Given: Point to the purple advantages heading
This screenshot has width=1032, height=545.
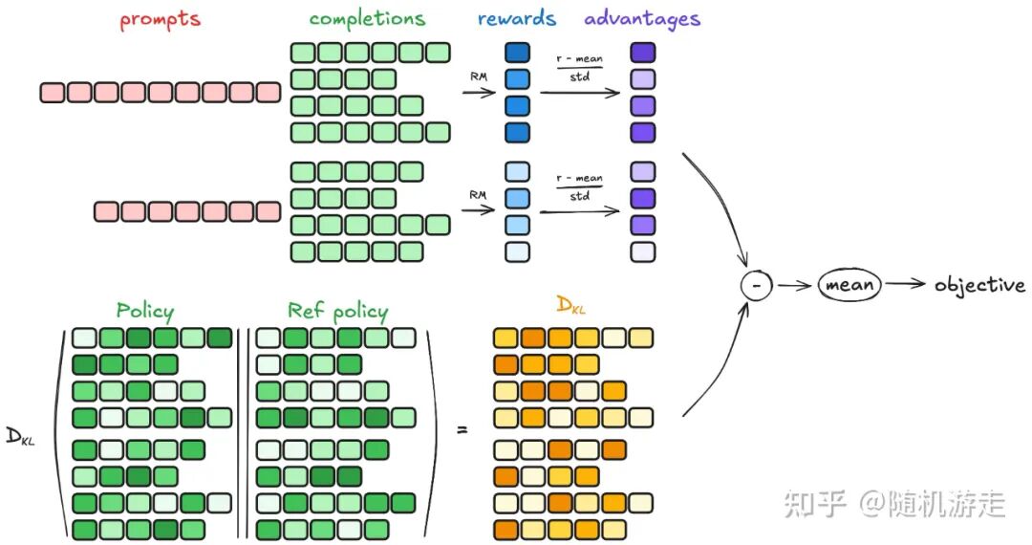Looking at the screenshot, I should click(x=642, y=19).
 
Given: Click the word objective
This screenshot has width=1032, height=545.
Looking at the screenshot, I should click(x=979, y=285).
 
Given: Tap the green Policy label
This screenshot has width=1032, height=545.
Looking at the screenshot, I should click(x=145, y=310).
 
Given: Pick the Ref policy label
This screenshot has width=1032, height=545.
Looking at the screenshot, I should click(x=337, y=311).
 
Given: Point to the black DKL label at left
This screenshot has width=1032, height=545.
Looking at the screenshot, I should click(x=20, y=437).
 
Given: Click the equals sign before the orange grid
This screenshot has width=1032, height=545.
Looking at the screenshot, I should click(x=462, y=430).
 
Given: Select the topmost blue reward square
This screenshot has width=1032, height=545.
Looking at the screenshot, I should click(x=517, y=53).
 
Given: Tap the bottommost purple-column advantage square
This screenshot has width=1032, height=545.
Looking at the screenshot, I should click(x=643, y=252).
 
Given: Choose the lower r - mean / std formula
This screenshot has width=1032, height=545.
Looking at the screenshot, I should click(x=580, y=186).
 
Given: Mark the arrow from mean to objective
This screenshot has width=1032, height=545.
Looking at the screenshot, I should click(x=905, y=284).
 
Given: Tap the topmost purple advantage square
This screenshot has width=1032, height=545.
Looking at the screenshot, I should click(x=643, y=53).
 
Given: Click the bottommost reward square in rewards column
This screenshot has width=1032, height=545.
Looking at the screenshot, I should click(x=517, y=252).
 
